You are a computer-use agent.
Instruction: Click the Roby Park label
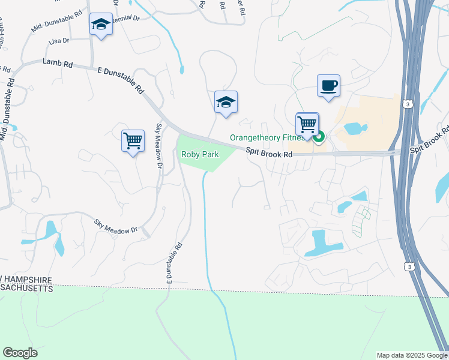(200, 155)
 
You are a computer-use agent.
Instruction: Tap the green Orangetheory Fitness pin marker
(319, 137)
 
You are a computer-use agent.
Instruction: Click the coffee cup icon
(328, 86)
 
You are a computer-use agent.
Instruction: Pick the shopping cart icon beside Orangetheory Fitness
(307, 125)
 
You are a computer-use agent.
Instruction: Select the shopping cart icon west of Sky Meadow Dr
(133, 140)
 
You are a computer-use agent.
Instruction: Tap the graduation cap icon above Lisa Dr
(101, 25)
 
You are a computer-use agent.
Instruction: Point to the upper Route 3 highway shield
(408, 104)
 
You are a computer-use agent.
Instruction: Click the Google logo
(20, 353)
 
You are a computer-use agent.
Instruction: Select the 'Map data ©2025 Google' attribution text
(412, 355)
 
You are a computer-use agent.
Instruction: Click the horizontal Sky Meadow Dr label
(116, 226)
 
